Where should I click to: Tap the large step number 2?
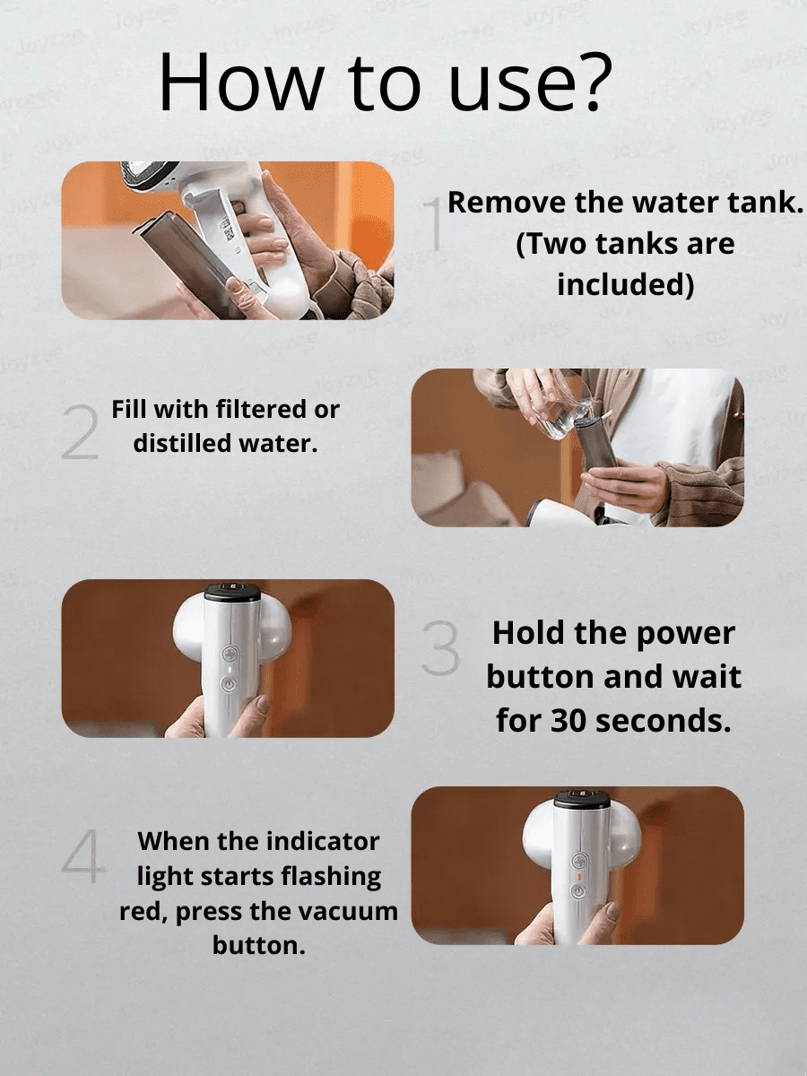coord(80,432)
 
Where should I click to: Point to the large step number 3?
coord(440,648)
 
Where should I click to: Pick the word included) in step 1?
coord(626,284)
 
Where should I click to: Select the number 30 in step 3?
coord(568,720)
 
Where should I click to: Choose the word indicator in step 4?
coord(324,841)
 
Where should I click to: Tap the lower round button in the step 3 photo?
coord(230,684)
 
